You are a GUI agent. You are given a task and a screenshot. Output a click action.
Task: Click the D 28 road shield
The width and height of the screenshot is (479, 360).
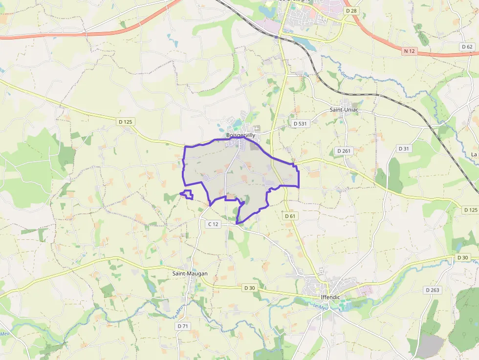tap(351, 10)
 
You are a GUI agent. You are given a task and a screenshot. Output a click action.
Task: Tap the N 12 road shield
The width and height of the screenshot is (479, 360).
tap(410, 51)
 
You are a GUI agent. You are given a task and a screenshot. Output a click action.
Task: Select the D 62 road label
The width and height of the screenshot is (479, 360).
tap(467, 47)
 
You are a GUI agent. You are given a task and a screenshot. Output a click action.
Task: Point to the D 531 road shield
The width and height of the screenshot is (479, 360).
tap(300, 124)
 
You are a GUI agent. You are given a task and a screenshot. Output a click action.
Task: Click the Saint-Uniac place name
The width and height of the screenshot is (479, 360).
tap(344, 109)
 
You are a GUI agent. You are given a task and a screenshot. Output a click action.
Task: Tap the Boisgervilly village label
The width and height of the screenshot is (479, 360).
tap(240, 135)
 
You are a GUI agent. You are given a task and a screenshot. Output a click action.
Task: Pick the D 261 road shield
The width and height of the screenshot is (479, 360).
tap(344, 151)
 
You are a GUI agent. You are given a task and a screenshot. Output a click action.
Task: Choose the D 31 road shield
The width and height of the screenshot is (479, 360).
tap(404, 148)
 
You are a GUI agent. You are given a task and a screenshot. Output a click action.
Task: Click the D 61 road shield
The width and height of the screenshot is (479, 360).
tap(290, 215)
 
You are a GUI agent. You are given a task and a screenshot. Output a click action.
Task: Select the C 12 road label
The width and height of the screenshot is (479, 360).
tap(213, 224)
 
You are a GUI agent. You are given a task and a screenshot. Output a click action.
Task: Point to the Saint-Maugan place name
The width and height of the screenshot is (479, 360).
tap(190, 274)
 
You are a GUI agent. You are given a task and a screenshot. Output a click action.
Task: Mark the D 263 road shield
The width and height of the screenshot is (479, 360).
tap(432, 290)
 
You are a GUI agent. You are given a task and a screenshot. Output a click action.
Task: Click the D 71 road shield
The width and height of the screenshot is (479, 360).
tap(183, 326)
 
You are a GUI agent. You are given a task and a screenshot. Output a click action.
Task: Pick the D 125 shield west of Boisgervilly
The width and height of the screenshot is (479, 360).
tap(126, 122)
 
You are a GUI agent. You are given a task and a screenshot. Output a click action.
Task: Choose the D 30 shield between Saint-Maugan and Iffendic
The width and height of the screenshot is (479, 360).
tap(249, 288)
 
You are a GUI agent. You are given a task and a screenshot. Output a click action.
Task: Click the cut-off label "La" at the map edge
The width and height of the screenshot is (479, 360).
tap(474, 154)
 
